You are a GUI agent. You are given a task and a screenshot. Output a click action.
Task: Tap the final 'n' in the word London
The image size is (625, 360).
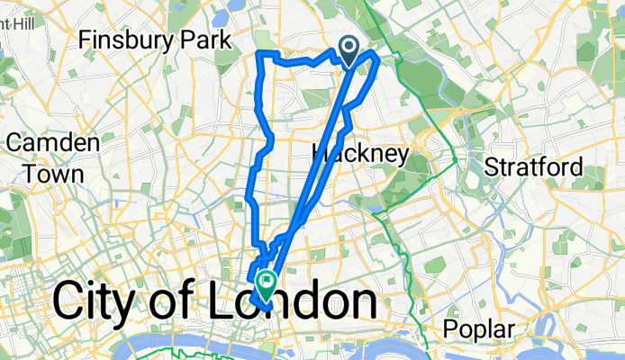pos(361,304)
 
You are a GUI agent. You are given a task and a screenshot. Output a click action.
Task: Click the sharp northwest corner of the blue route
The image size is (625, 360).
pos(260,55)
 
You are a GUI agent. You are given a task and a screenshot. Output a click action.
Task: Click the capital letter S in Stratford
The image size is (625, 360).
pos(492,166)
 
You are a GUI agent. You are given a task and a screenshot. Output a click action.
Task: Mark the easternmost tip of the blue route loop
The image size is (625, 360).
pos(377,57)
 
